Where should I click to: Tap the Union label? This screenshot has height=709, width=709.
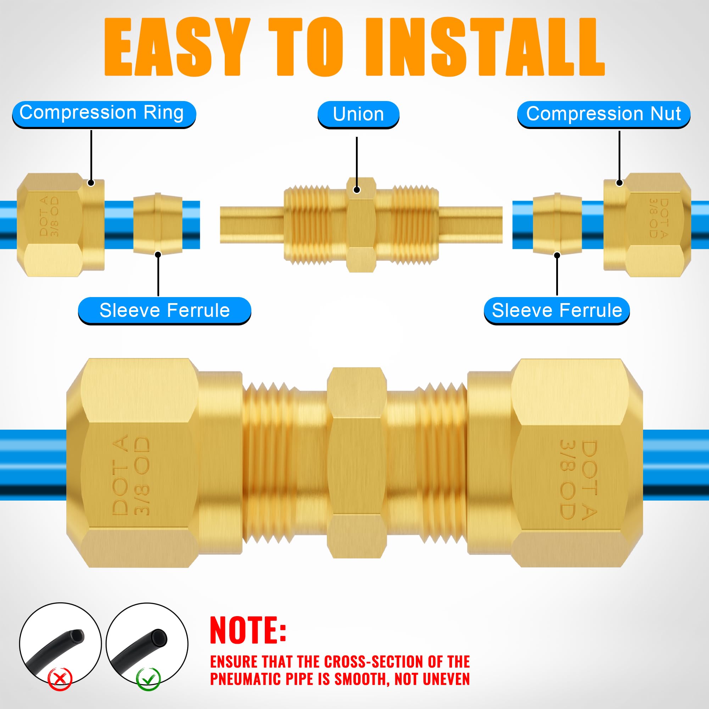tap(358, 114)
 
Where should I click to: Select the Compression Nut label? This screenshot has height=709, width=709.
tap(603, 114)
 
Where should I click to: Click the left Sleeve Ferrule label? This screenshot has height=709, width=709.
tap(164, 311)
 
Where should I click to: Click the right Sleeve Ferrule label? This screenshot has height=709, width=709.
tap(557, 311)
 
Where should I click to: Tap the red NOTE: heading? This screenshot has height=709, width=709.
tap(248, 630)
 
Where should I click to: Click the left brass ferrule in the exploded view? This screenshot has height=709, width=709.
tap(158, 223)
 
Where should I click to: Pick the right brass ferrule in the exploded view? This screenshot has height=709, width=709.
tap(557, 223)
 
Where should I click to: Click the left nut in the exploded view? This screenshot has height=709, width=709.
tap(61, 225)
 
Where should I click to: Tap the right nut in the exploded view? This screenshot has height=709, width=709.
tap(647, 225)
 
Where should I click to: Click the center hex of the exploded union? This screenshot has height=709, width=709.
tap(361, 225)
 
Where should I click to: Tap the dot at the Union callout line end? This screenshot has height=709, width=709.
tap(357, 190)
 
